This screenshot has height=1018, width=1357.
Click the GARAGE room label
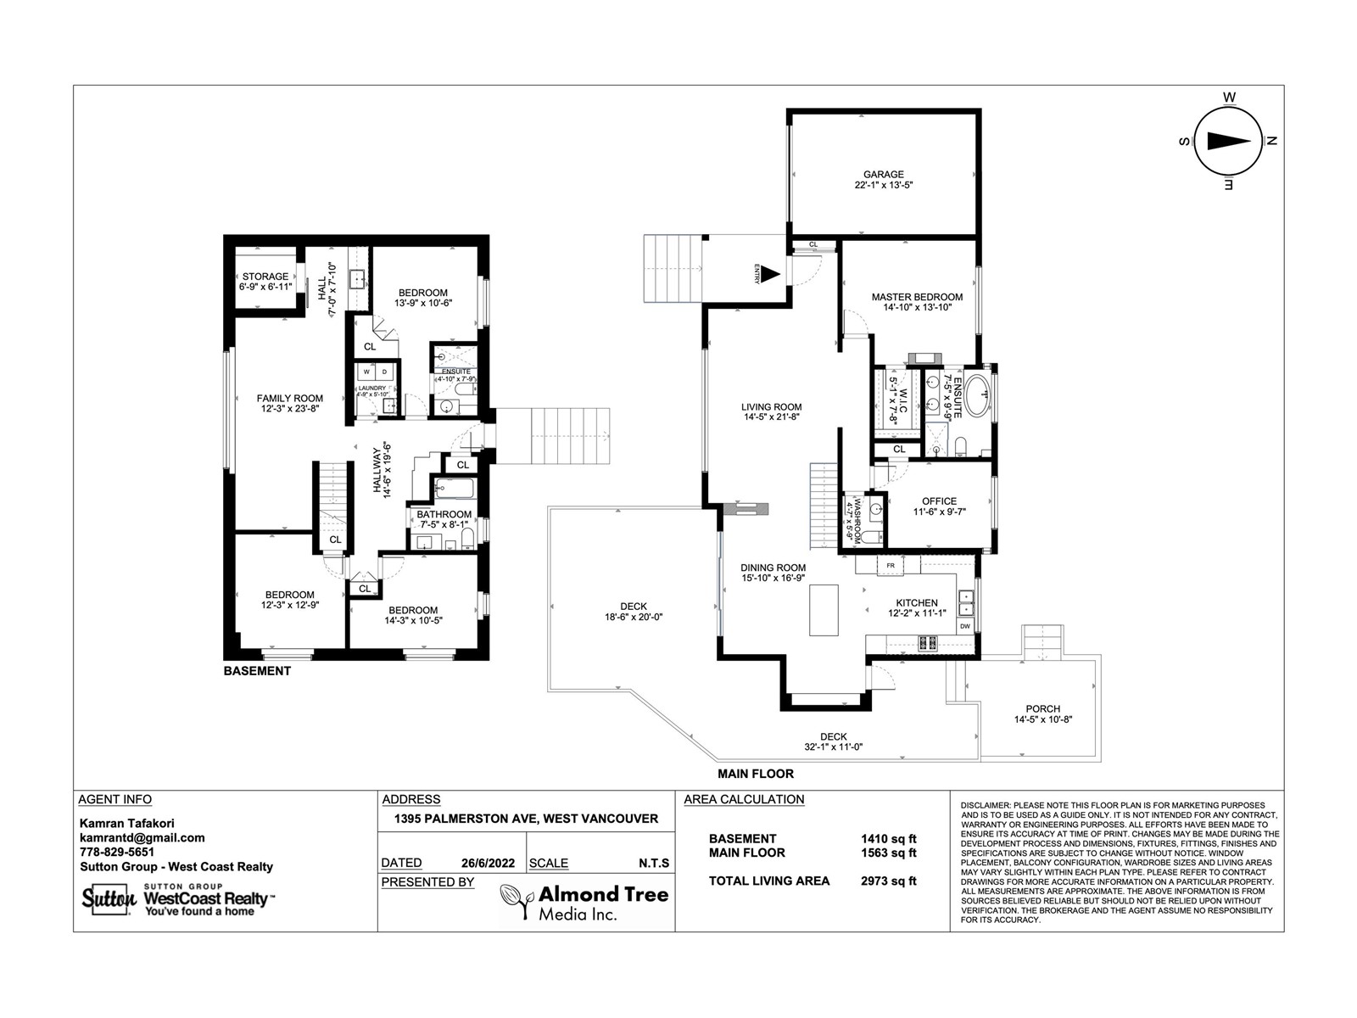pyautogui.click(x=884, y=174)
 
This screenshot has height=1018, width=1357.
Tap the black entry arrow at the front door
pyautogui.click(x=770, y=274)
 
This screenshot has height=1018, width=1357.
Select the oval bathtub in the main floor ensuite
pyautogui.click(x=978, y=395)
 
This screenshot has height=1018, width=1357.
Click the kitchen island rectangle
pyautogui.click(x=824, y=610)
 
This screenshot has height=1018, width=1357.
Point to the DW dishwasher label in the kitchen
pyautogui.click(x=965, y=627)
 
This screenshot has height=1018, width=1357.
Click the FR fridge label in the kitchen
pyautogui.click(x=891, y=566)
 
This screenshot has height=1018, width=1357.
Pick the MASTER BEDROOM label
pyautogui.click(x=917, y=297)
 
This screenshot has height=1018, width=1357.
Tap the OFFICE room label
pyautogui.click(x=939, y=501)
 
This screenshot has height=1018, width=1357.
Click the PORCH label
pyautogui.click(x=1043, y=709)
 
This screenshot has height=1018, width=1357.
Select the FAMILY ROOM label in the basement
pyautogui.click(x=290, y=399)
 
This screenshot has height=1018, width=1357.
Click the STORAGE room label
pyautogui.click(x=265, y=277)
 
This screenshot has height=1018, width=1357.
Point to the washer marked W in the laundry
pyautogui.click(x=366, y=372)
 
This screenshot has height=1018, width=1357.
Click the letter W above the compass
pyautogui.click(x=1229, y=98)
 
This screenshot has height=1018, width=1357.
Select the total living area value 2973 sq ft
pyautogui.click(x=888, y=881)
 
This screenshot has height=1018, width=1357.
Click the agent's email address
pyautogui.click(x=142, y=838)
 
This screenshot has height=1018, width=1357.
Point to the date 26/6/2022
pyautogui.click(x=488, y=863)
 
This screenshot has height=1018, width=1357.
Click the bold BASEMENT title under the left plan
pyautogui.click(x=257, y=671)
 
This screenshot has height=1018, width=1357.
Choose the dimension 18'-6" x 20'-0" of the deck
pyautogui.click(x=634, y=617)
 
